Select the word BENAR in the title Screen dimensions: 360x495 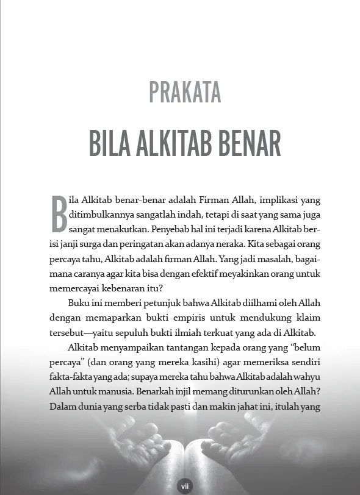coord(250,143)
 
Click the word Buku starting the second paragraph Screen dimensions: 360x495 coord(80,304)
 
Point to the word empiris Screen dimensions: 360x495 coord(190,318)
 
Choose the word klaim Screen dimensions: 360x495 coord(308,318)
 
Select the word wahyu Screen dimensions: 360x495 coord(306,377)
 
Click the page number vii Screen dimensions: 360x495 coord(184,486)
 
